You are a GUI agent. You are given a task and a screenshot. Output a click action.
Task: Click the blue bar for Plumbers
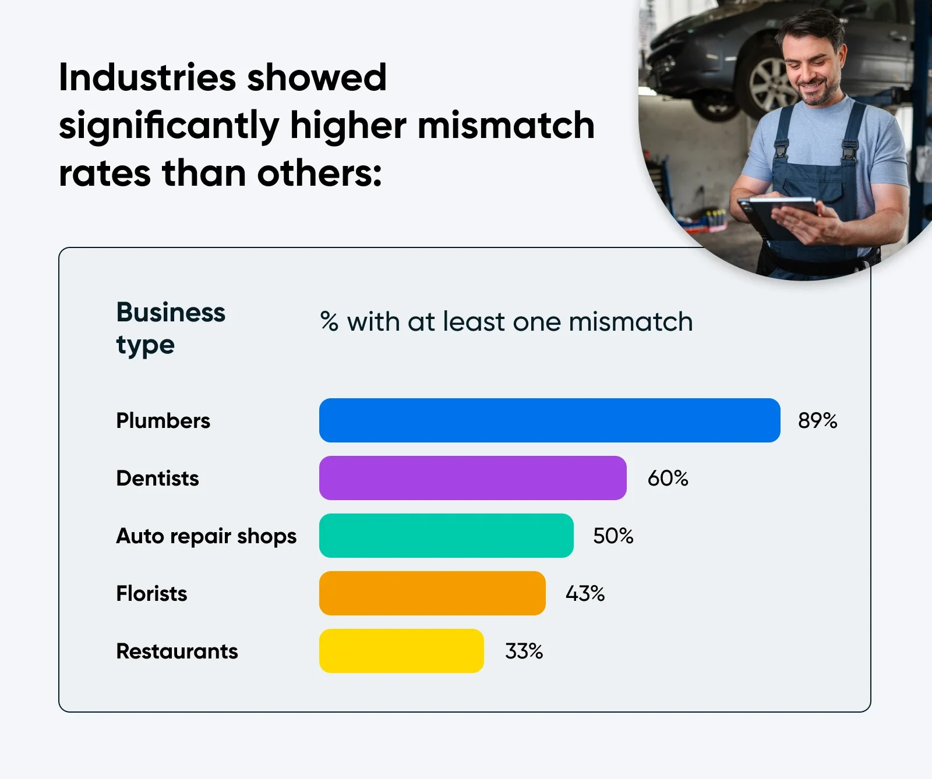549,420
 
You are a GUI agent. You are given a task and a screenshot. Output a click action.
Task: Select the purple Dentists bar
472,478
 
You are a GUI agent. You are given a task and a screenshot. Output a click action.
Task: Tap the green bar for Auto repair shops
446,536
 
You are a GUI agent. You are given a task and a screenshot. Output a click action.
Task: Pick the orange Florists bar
432,593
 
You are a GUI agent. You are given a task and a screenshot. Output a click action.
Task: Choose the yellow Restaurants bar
401,651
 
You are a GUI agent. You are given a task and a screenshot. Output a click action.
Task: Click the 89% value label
817,420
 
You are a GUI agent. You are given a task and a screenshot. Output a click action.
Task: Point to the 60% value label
668,478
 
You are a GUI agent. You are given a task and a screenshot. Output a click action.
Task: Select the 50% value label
613,536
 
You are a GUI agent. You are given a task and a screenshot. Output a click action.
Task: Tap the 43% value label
585,593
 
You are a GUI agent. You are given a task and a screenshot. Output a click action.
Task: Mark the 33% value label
524,651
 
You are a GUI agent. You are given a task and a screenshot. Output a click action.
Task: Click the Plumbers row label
163,420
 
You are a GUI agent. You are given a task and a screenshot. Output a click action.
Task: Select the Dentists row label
157,478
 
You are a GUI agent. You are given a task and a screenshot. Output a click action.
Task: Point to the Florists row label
151,593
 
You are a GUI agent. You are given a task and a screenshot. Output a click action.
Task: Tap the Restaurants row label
177,651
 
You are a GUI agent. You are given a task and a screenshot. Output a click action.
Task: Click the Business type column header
170,328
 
